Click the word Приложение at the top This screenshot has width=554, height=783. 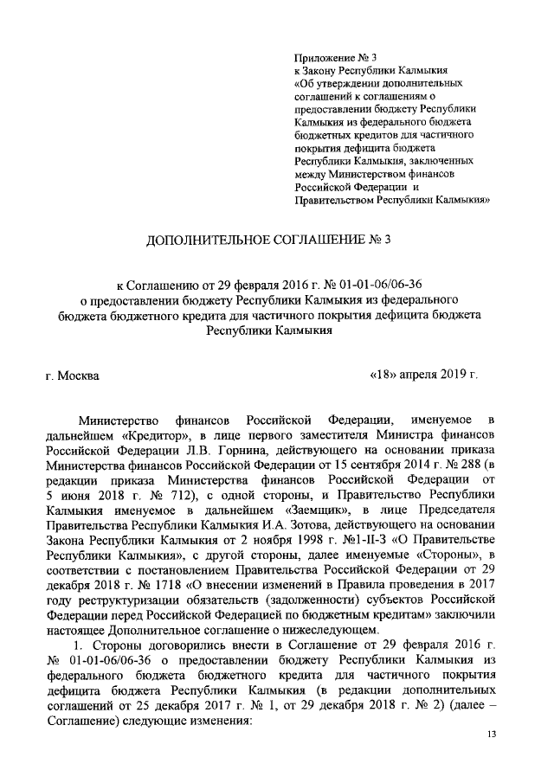(322, 57)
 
